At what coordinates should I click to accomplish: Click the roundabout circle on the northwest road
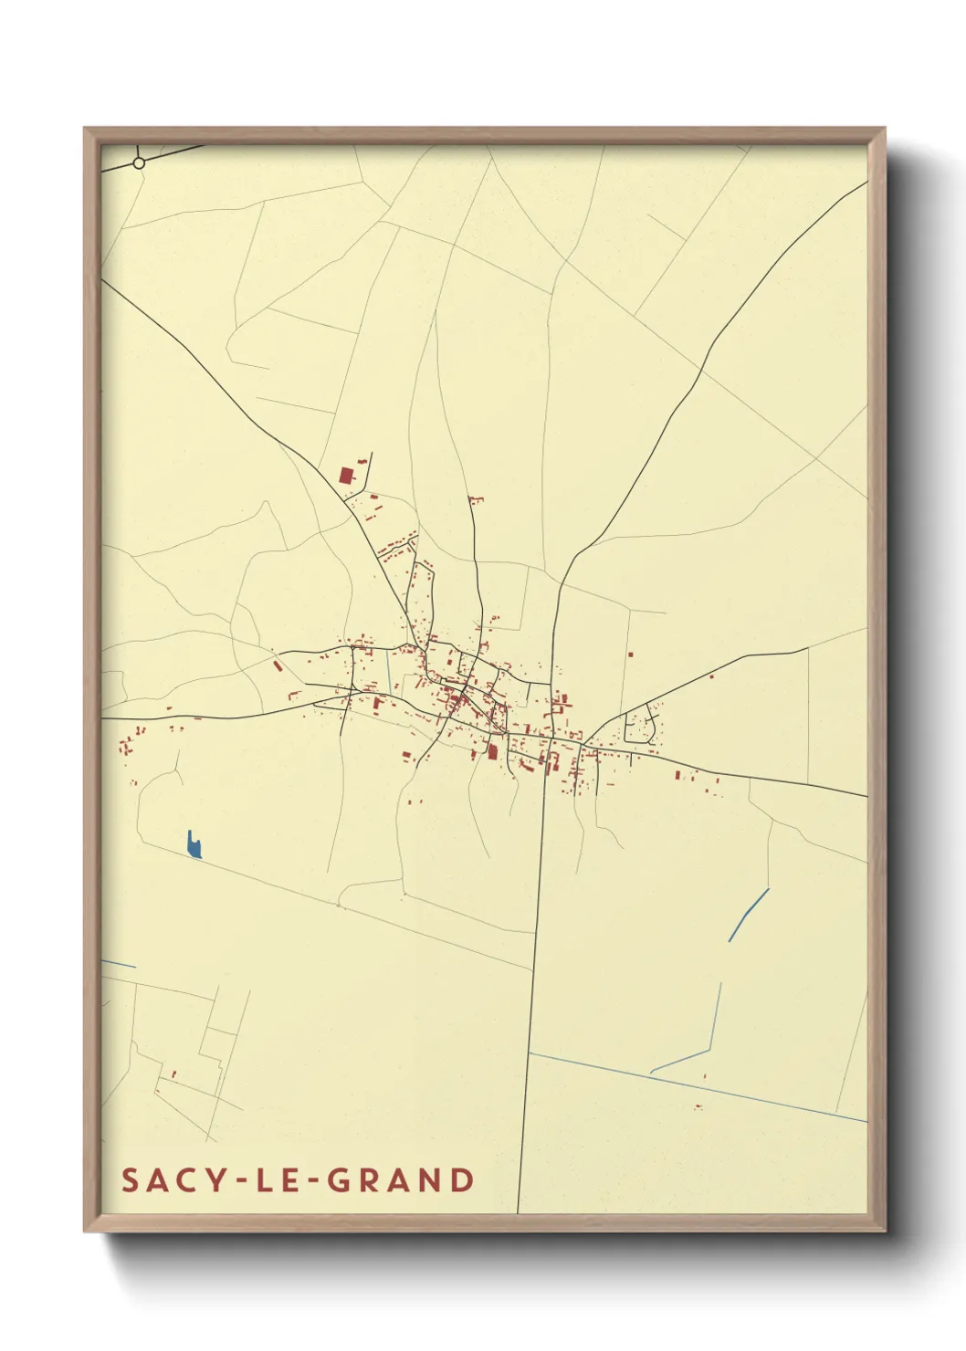coord(139,163)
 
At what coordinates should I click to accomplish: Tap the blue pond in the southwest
coord(194,846)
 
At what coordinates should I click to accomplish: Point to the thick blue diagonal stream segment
coord(749,914)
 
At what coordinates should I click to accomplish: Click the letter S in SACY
coord(131,1180)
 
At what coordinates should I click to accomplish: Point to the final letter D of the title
coord(463,1180)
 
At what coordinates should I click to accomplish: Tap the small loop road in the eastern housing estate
coord(640,727)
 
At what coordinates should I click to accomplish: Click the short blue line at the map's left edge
coord(118,963)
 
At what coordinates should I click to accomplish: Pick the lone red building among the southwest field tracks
coord(173,1074)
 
